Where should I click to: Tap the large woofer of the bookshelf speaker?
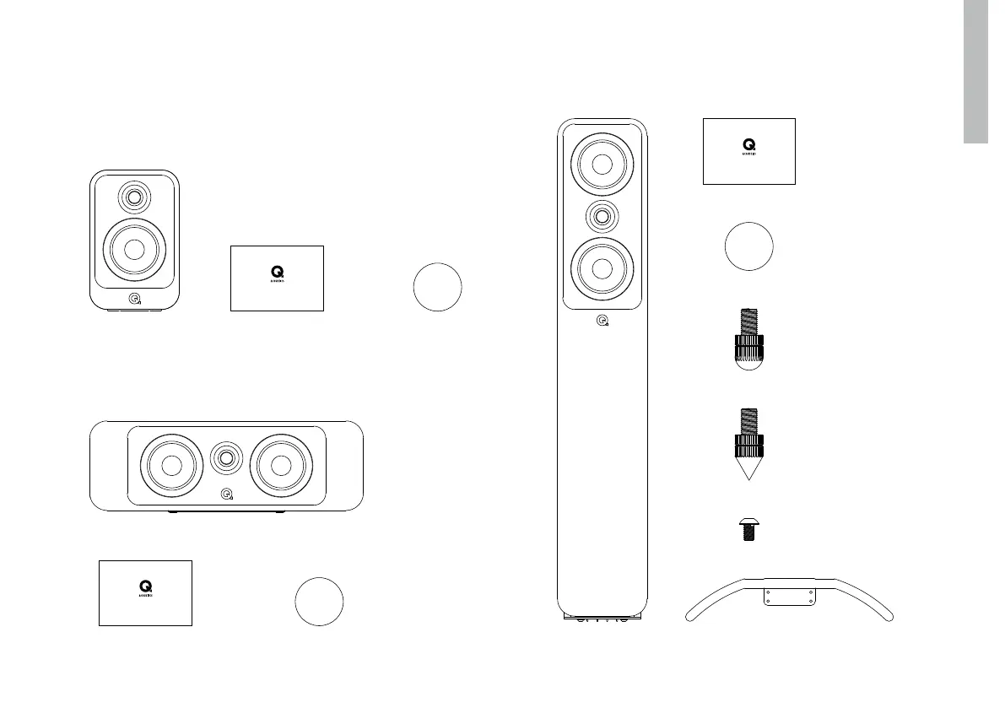point(134,249)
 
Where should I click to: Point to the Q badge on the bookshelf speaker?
point(134,297)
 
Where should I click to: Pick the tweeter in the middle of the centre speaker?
point(226,459)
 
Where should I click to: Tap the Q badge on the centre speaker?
point(226,495)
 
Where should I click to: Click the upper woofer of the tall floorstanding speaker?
point(602,165)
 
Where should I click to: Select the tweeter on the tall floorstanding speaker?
point(602,216)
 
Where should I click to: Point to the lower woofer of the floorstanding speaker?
point(602,268)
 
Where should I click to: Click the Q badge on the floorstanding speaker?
point(602,321)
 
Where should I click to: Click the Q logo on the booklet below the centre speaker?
point(145,585)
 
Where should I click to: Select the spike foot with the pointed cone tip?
point(748,447)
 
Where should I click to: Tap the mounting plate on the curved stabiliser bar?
point(790,596)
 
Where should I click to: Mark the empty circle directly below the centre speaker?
point(319,603)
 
